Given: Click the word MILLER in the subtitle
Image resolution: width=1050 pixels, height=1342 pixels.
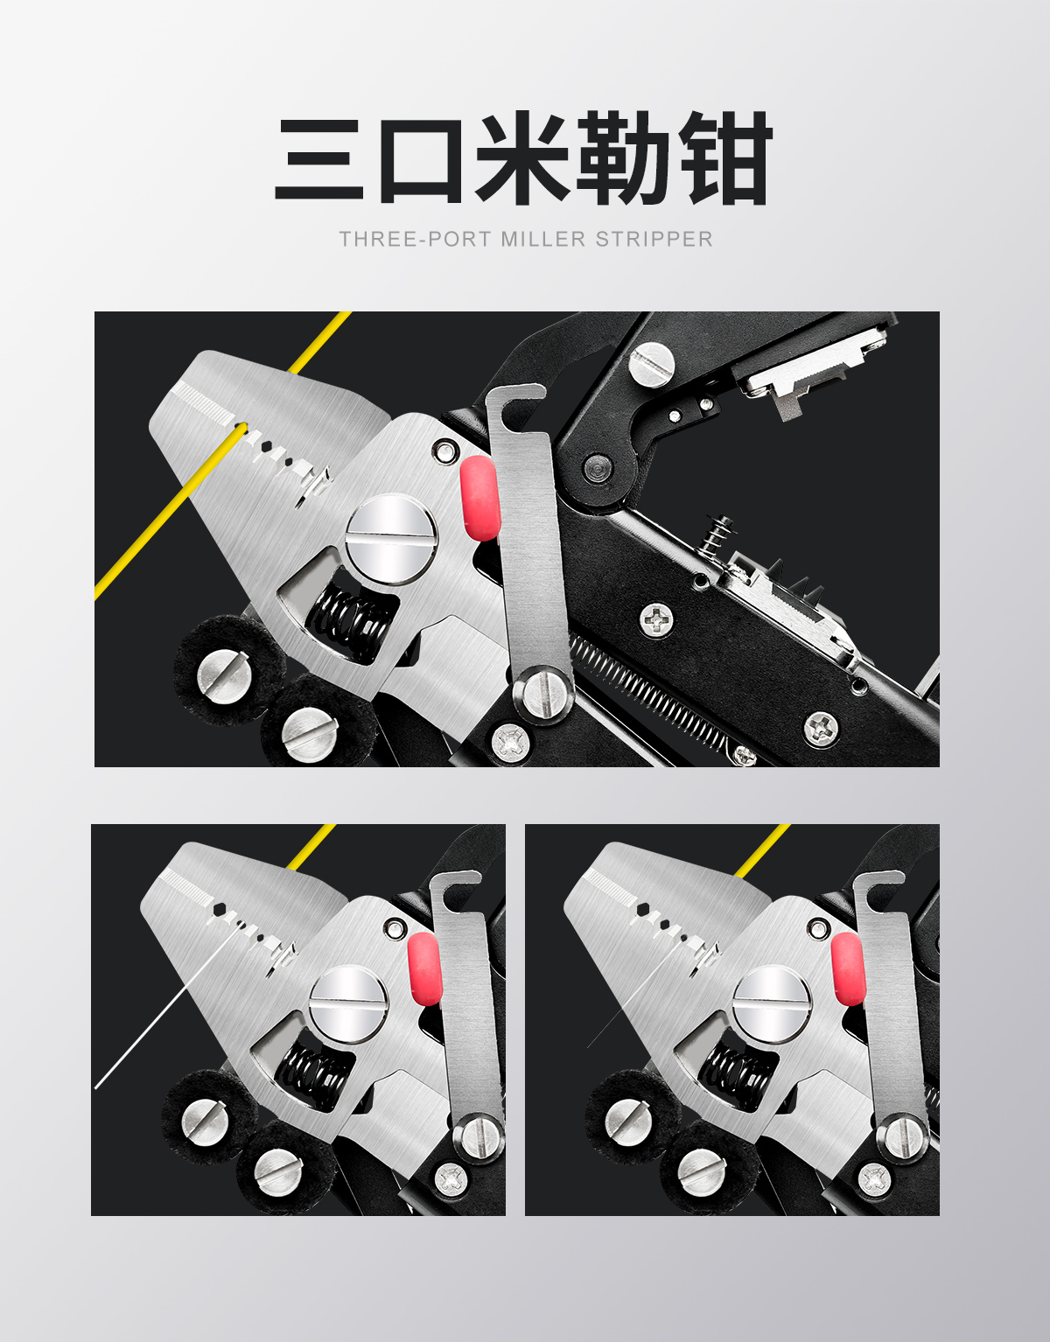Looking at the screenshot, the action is [x=542, y=239].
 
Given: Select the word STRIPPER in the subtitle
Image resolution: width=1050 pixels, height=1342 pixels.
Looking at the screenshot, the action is [x=654, y=239].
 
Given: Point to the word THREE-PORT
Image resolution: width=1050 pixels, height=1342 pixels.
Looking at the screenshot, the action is [x=415, y=239].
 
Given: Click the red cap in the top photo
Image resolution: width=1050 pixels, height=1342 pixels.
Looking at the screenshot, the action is [x=479, y=498].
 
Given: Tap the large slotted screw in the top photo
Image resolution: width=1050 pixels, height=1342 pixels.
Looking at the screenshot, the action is [x=391, y=539].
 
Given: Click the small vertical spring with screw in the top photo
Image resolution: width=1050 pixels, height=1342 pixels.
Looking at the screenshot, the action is [x=717, y=534].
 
